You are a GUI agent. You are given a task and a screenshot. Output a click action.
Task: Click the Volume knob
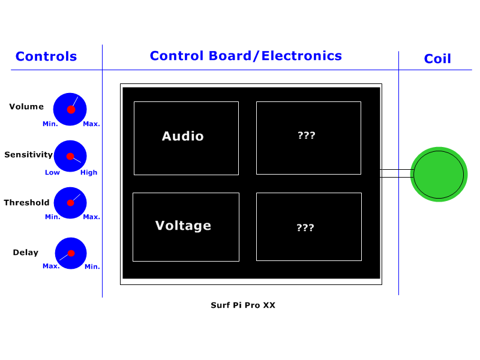(x=70, y=109)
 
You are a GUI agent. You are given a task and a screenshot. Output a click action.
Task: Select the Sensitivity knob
(x=70, y=156)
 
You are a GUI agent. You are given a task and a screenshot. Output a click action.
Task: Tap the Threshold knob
(x=70, y=203)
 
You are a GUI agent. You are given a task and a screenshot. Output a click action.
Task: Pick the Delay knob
(x=71, y=253)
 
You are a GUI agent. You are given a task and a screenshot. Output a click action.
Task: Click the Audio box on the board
(x=186, y=138)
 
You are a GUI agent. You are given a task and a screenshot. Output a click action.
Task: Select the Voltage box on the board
(x=185, y=227)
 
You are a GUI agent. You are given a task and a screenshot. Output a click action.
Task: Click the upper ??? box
(x=308, y=138)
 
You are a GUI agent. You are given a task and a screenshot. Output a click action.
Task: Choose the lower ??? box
(x=308, y=227)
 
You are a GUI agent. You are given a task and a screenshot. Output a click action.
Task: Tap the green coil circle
(x=439, y=174)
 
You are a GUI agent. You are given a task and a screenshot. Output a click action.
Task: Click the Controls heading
(x=46, y=56)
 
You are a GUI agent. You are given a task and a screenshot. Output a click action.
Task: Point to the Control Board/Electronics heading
(x=245, y=56)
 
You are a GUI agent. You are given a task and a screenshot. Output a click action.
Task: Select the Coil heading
(x=437, y=59)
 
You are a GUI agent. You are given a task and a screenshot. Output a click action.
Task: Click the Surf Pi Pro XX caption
(x=243, y=305)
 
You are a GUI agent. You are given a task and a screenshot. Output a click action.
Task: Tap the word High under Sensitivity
(x=89, y=172)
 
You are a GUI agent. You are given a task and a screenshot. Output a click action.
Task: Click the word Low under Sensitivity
(x=52, y=172)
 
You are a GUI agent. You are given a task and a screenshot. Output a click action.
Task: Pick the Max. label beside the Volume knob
(x=91, y=124)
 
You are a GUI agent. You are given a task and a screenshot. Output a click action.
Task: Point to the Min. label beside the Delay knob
(x=92, y=266)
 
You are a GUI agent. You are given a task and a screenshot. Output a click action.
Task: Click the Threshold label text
(x=26, y=203)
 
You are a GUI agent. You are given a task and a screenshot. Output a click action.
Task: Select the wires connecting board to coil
(x=395, y=173)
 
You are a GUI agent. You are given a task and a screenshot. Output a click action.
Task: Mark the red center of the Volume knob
(x=71, y=109)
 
